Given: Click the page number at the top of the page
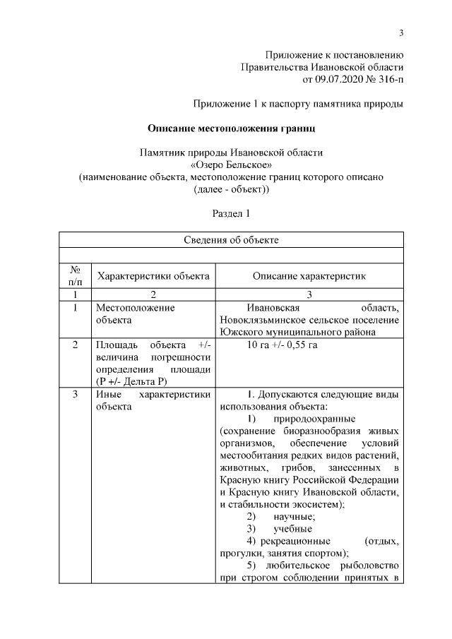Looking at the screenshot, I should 400,32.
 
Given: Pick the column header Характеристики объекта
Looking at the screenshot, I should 153,276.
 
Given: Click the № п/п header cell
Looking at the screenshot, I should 74,276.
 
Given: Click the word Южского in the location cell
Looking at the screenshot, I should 240,333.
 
